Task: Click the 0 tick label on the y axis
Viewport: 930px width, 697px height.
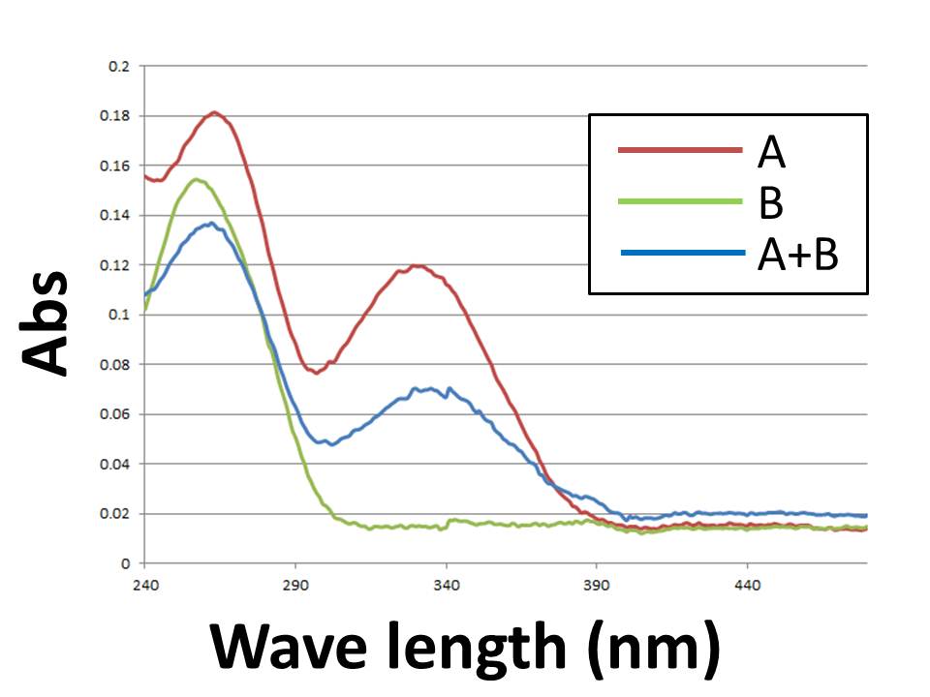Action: pos(126,563)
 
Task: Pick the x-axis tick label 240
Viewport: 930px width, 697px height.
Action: pos(144,586)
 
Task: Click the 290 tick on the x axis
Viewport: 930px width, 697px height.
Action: pos(294,586)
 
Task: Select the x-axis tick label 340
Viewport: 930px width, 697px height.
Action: pos(446,586)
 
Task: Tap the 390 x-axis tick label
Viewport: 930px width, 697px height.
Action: pos(597,586)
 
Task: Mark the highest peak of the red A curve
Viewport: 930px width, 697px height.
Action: pos(215,112)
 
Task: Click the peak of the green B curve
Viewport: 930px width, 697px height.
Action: pos(196,179)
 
